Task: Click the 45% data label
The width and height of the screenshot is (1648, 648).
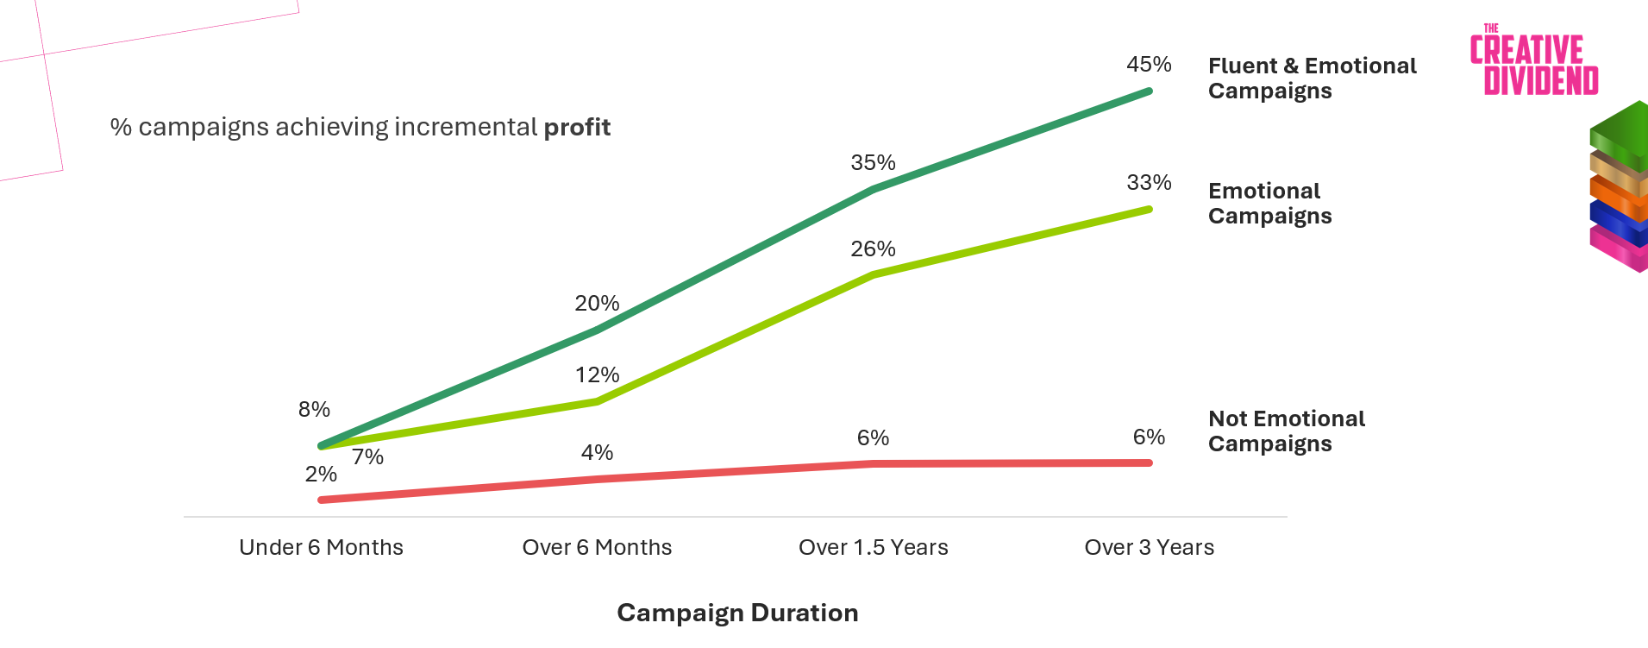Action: click(1149, 65)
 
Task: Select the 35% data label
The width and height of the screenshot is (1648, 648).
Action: click(873, 163)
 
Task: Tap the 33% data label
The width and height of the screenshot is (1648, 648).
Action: click(1149, 183)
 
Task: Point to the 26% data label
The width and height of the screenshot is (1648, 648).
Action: click(873, 249)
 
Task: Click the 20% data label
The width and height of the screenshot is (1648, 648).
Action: click(597, 304)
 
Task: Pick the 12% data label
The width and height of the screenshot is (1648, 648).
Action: click(597, 375)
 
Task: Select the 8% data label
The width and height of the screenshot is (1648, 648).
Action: click(314, 410)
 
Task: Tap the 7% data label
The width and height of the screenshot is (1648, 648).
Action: click(367, 457)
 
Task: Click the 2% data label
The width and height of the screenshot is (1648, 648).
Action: click(321, 475)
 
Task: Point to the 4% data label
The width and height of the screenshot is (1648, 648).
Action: click(597, 453)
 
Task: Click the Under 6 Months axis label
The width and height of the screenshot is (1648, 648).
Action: click(321, 548)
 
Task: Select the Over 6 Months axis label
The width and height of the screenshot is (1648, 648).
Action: click(597, 548)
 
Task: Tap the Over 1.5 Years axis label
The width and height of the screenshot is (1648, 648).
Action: click(873, 548)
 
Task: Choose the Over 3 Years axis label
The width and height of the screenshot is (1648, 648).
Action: click(1149, 548)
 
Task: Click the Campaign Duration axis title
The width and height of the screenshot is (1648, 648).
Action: click(737, 613)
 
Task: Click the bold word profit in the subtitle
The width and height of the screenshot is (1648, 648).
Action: click(577, 128)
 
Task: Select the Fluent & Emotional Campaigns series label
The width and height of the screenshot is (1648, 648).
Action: click(1312, 79)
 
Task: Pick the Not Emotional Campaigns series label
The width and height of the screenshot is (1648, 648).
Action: click(1286, 431)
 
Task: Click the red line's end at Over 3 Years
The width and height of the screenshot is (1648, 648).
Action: click(1148, 463)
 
